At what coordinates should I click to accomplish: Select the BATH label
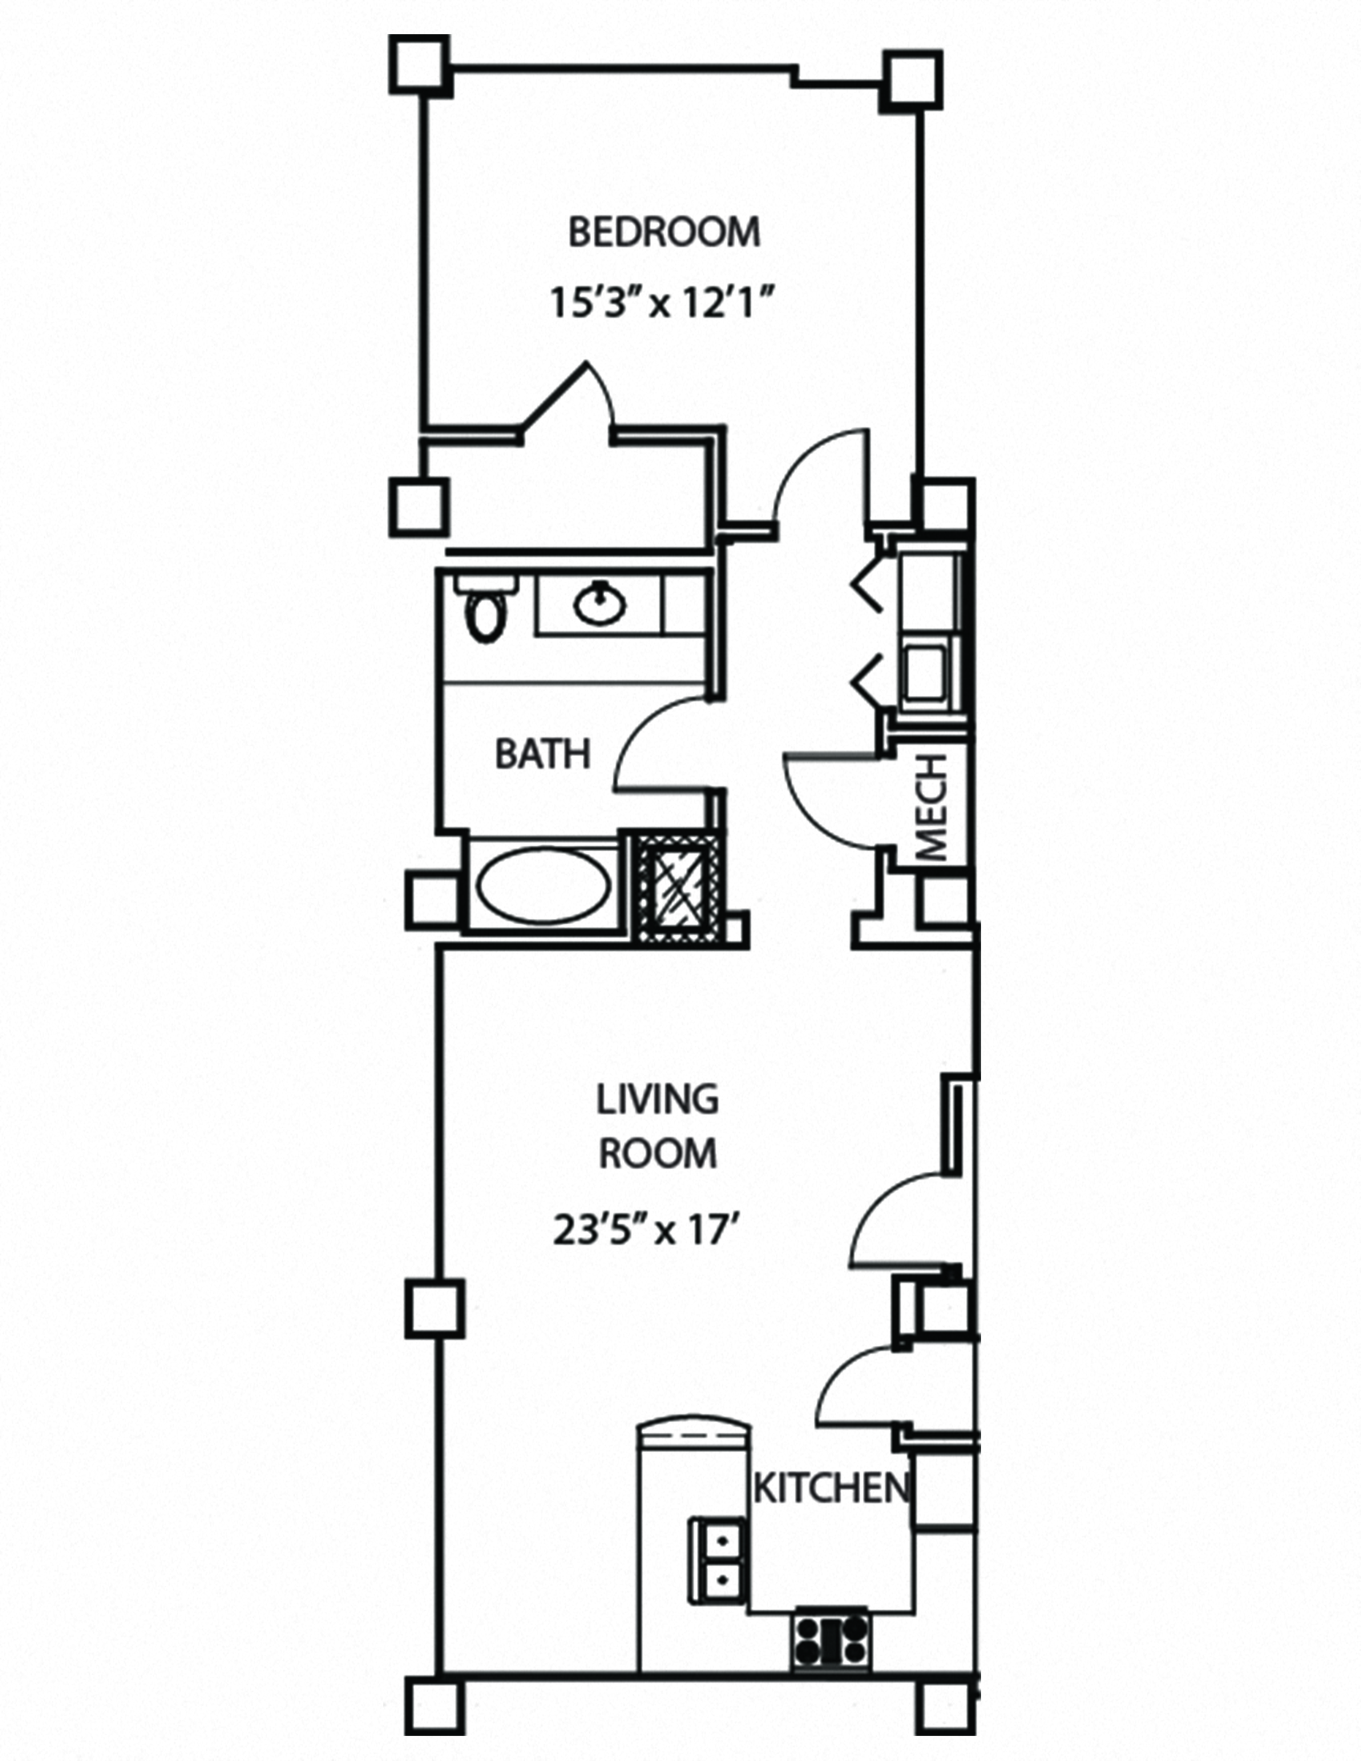tap(543, 755)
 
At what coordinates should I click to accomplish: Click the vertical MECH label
tap(933, 809)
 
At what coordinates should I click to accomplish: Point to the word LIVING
tap(657, 1100)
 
